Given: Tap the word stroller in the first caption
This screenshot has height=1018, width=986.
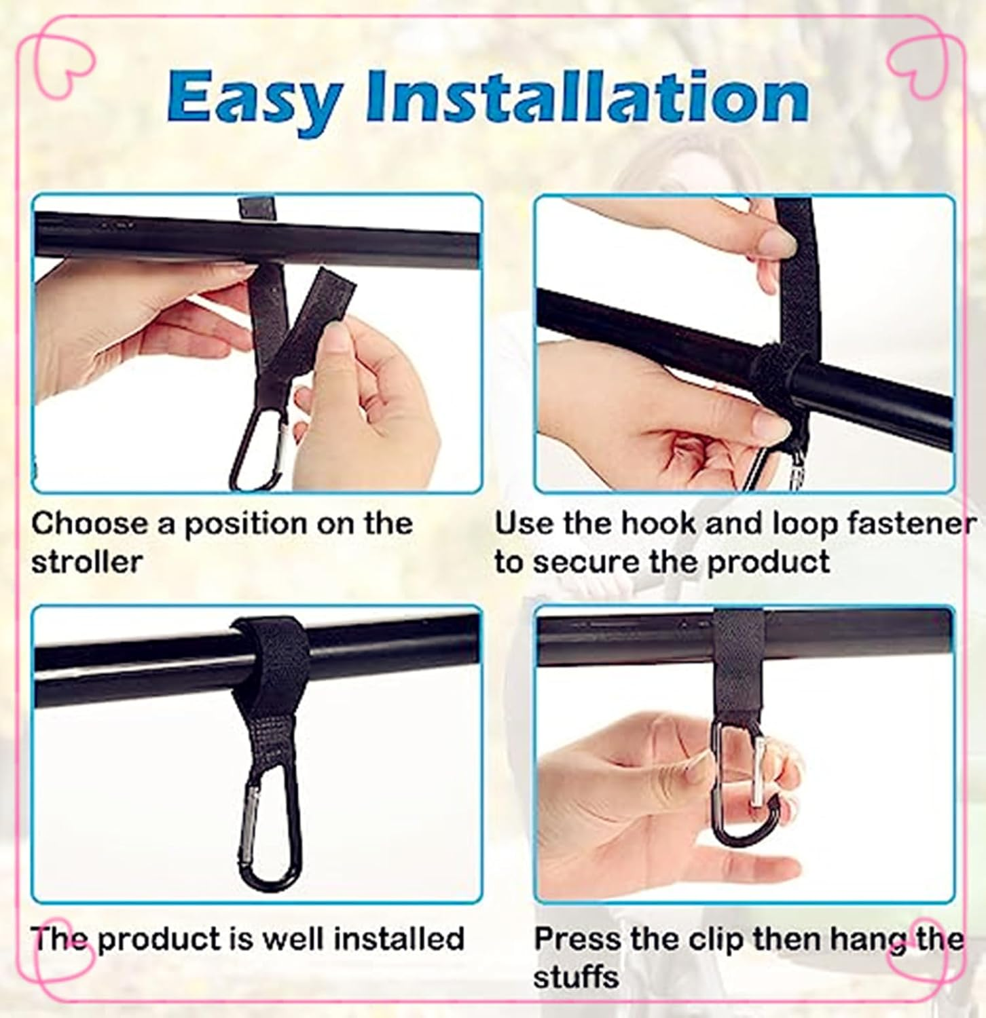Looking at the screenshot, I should pos(87,563).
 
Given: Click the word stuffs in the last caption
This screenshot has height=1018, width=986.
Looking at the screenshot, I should pos(576,978).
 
